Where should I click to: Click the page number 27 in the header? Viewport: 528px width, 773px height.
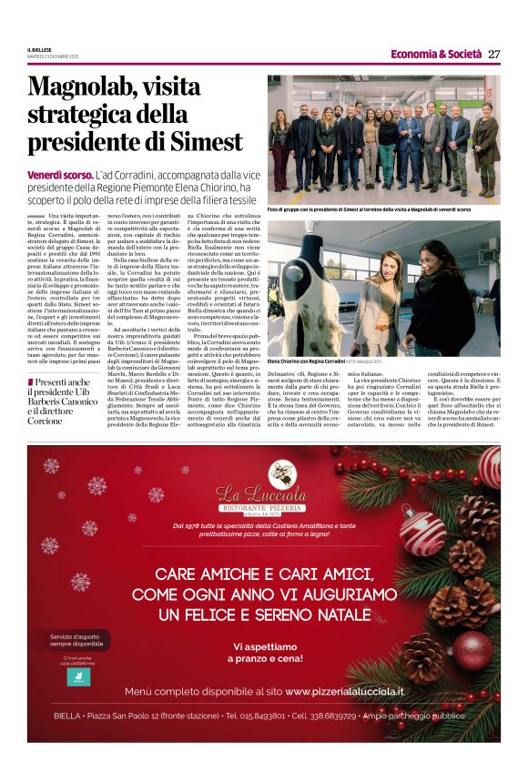click(x=493, y=54)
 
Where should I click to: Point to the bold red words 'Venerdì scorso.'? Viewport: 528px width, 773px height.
click(x=60, y=173)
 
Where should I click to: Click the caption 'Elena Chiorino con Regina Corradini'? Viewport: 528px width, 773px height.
click(x=306, y=362)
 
